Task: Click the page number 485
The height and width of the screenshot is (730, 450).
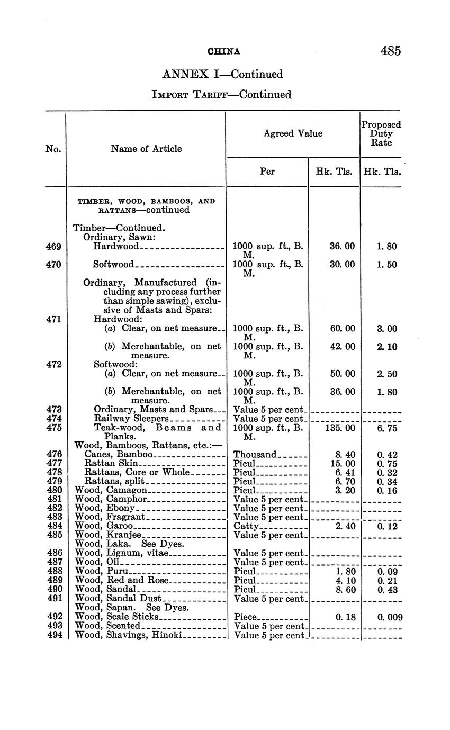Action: tap(390, 51)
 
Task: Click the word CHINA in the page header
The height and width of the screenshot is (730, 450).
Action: tap(224, 51)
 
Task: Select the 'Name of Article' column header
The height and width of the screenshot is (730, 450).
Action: tap(146, 149)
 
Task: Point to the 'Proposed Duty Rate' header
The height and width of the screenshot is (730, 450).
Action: tap(381, 133)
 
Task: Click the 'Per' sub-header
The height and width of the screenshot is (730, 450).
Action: tap(267, 172)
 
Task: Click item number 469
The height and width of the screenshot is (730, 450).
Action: tap(53, 246)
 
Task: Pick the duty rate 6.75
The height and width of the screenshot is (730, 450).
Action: tap(388, 428)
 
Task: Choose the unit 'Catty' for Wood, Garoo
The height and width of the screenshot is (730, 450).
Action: tap(246, 526)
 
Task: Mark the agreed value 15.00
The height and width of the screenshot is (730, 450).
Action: tap(343, 463)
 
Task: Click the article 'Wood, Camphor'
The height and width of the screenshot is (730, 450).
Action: tap(111, 499)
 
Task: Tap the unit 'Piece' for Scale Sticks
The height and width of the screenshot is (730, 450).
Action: tap(245, 617)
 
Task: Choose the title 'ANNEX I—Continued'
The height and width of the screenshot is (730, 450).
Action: tap(222, 74)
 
